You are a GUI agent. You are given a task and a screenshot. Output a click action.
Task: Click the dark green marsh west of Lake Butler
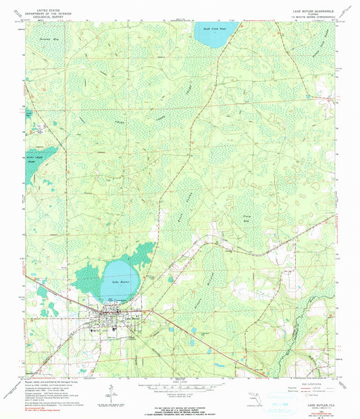point(88,277)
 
